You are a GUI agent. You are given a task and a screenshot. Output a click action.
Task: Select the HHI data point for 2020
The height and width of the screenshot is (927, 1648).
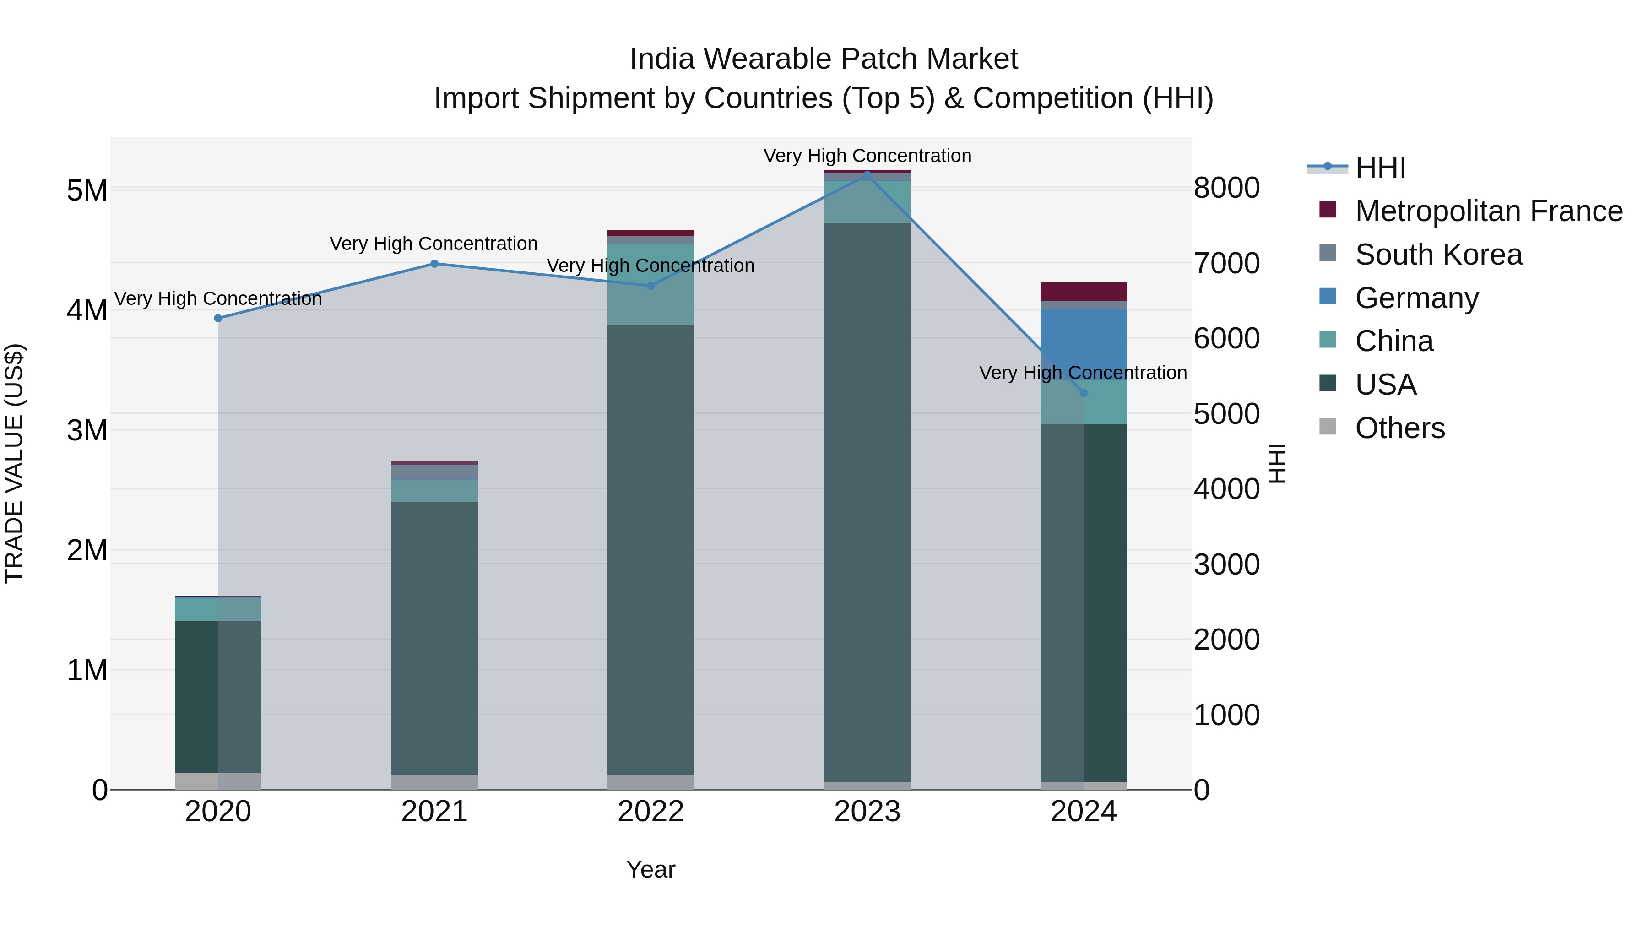tap(218, 318)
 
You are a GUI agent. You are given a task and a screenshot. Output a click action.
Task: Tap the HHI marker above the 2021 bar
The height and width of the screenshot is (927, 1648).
tap(434, 264)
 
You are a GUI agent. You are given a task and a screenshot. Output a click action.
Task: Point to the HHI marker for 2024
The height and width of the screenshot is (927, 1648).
tap(1083, 393)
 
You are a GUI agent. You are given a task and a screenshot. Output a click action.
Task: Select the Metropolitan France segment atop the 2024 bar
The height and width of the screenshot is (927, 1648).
tap(1083, 291)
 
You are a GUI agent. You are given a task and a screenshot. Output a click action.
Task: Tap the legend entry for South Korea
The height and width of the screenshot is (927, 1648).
tap(1438, 255)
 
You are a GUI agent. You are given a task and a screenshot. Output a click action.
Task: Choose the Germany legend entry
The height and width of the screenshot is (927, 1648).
tap(1416, 298)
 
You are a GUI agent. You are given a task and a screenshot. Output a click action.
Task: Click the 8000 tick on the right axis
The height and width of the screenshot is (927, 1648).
tap(1226, 188)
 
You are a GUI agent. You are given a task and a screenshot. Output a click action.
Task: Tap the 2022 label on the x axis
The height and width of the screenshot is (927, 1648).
tap(651, 812)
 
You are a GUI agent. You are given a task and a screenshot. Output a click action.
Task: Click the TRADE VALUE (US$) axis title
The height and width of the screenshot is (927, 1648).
tap(14, 463)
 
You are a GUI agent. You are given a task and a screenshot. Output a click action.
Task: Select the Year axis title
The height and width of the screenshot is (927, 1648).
tap(651, 869)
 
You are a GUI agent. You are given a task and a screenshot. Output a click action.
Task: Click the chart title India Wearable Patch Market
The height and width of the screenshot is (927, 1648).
tap(824, 59)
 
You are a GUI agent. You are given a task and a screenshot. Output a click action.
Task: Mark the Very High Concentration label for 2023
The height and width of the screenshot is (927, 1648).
tap(867, 156)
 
